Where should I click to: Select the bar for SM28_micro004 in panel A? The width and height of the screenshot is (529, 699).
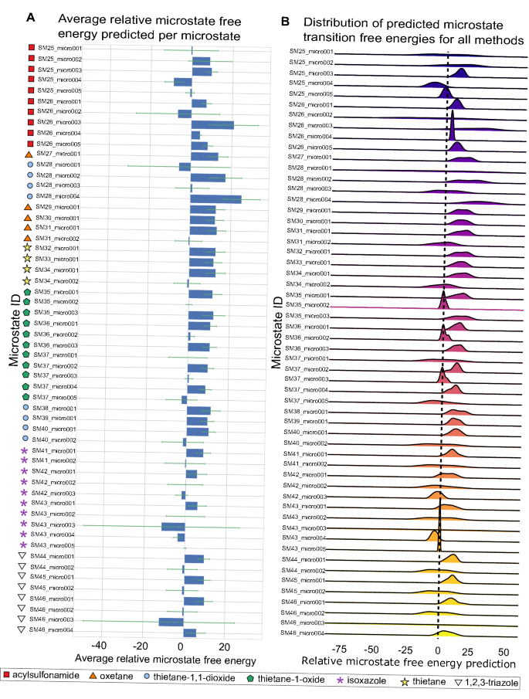point(215,199)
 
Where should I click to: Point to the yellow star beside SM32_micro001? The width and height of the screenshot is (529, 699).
point(27,249)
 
